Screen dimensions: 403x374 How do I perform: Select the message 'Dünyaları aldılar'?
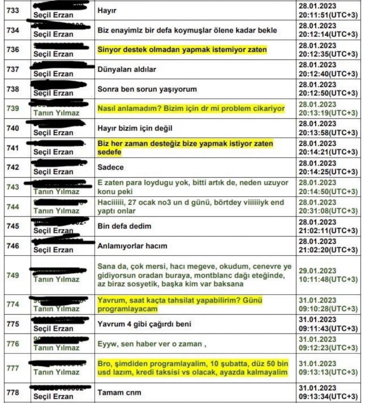click(x=126, y=69)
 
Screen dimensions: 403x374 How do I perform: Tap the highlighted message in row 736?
click(x=182, y=50)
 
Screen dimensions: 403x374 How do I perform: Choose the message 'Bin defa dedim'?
click(x=124, y=226)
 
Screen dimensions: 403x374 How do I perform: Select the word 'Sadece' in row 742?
click(x=111, y=167)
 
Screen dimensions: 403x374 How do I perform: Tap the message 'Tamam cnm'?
click(x=119, y=392)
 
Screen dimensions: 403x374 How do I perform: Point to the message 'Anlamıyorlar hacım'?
click(x=132, y=246)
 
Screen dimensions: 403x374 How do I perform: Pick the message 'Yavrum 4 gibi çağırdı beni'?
click(x=144, y=324)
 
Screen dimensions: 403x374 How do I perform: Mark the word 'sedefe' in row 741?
click(x=109, y=152)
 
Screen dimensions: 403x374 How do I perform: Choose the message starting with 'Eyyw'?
click(x=151, y=344)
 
